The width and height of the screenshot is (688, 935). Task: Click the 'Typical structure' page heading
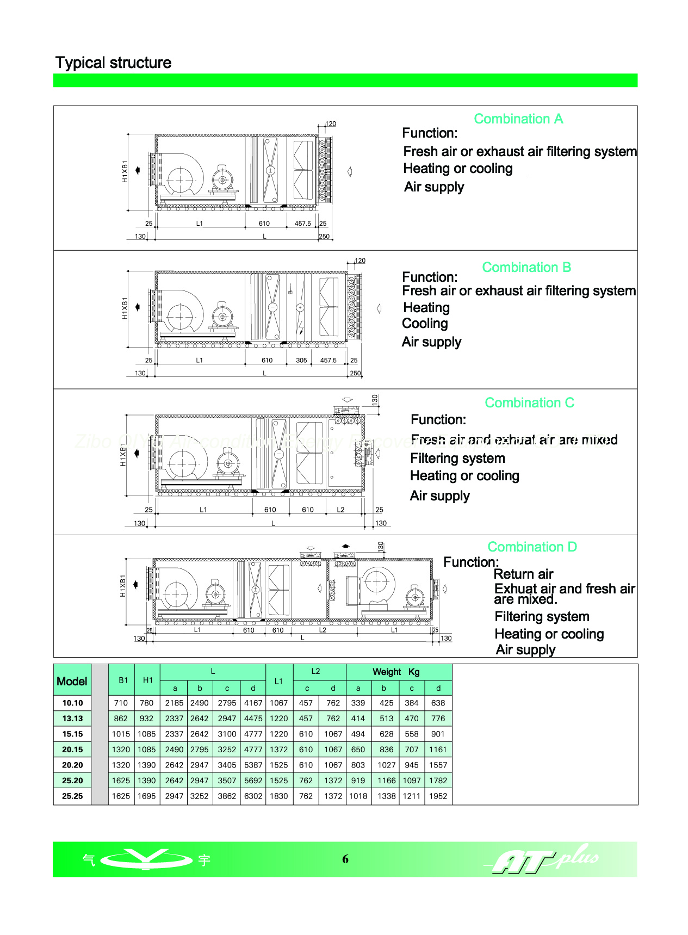pos(113,63)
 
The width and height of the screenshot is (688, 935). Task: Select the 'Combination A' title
pos(518,119)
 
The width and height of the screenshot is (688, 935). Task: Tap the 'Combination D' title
pos(531,547)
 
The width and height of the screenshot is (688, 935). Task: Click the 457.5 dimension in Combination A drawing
pos(302,224)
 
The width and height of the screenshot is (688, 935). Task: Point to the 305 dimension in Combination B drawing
pos(301,360)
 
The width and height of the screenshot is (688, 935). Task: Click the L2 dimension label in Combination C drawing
pos(340,510)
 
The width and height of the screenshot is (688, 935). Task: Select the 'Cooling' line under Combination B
pos(425,324)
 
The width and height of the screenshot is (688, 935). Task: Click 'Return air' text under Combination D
pos(523,574)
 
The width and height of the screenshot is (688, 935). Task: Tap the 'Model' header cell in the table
pos(72,682)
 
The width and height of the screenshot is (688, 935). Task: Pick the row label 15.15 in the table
pos(72,734)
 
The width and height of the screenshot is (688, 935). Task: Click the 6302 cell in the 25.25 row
pos(253,796)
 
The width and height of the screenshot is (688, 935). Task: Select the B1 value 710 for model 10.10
pos(121,703)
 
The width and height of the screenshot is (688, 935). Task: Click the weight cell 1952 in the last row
pos(438,796)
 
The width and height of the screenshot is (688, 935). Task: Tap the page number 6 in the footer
pos(345,859)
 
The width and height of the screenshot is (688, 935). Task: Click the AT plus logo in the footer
pos(544,859)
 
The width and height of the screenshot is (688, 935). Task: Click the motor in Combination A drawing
pos(222,178)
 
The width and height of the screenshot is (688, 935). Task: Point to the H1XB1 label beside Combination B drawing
pos(125,308)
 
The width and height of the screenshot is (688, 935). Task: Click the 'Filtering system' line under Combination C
pos(457,459)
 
